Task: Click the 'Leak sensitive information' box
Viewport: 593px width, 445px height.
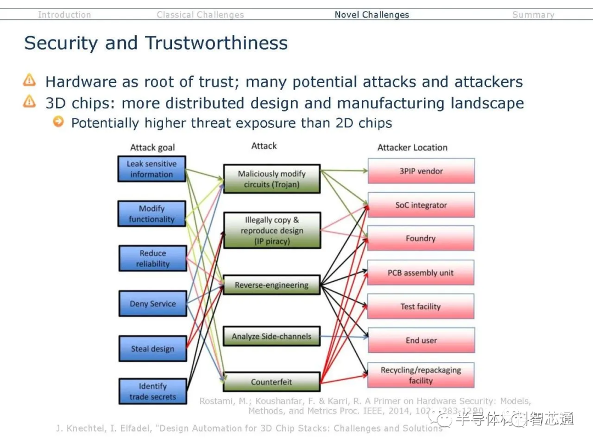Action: (x=152, y=169)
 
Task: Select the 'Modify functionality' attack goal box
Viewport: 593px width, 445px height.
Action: (x=152, y=214)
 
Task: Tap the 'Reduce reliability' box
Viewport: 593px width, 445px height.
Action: (x=152, y=259)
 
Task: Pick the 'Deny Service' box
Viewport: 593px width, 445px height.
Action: (x=153, y=304)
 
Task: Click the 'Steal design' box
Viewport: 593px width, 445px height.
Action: (x=153, y=349)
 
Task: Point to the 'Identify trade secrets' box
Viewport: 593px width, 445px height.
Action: (x=153, y=391)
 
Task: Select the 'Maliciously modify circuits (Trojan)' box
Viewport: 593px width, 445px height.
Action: (x=272, y=179)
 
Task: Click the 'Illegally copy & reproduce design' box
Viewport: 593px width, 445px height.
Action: (x=272, y=230)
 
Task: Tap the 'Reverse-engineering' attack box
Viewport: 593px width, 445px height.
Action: (x=272, y=285)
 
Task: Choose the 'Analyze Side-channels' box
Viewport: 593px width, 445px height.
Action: (x=271, y=336)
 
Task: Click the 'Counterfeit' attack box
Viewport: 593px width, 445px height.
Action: (x=271, y=382)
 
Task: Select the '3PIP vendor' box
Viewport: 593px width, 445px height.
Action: (x=421, y=171)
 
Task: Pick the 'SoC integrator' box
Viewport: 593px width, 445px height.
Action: (x=421, y=205)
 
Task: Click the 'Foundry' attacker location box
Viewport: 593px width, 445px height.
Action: (x=421, y=238)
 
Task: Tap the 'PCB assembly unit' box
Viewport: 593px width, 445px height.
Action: (x=421, y=272)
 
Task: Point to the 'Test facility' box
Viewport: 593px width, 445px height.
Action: (x=421, y=307)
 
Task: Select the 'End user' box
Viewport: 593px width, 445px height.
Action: (x=421, y=341)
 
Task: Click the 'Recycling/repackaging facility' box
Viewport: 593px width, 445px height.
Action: (x=421, y=375)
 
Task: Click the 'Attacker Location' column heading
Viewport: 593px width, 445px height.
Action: (x=412, y=147)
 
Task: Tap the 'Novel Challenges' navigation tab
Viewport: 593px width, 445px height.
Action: (x=372, y=15)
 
